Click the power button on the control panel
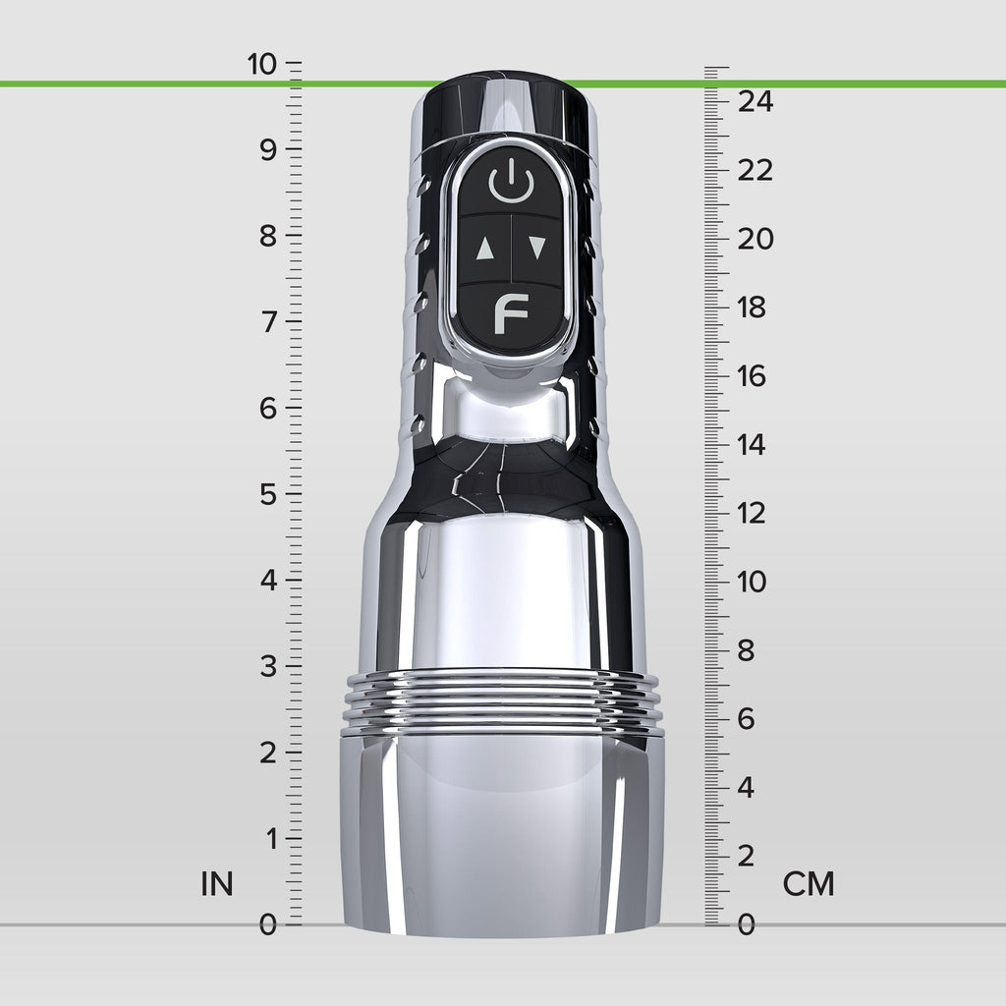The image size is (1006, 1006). pos(510,184)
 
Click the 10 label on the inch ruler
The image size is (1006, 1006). pos(262,65)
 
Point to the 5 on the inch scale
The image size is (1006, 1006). pos(267,494)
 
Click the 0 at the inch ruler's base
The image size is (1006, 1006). pos(267,924)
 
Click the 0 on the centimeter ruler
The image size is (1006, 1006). pos(747,924)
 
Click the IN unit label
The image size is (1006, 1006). pos(217,884)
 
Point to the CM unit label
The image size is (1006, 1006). pos(809,884)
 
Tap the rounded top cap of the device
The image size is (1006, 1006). pos(507,98)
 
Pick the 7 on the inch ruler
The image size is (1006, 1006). pos(267,322)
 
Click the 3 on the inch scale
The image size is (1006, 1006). pos(267,666)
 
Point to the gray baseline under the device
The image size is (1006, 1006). pos(147,924)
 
